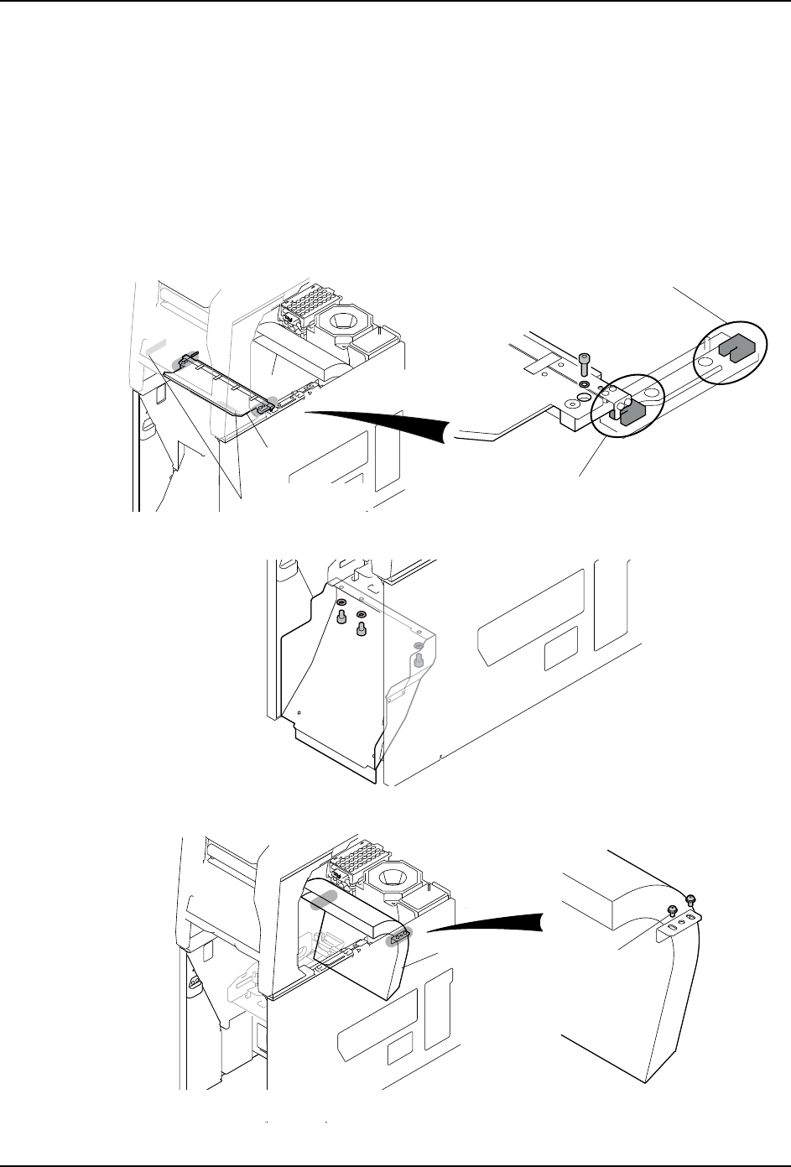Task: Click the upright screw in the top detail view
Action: point(584,363)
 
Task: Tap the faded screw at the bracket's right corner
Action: point(418,660)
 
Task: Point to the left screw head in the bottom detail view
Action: point(672,911)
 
